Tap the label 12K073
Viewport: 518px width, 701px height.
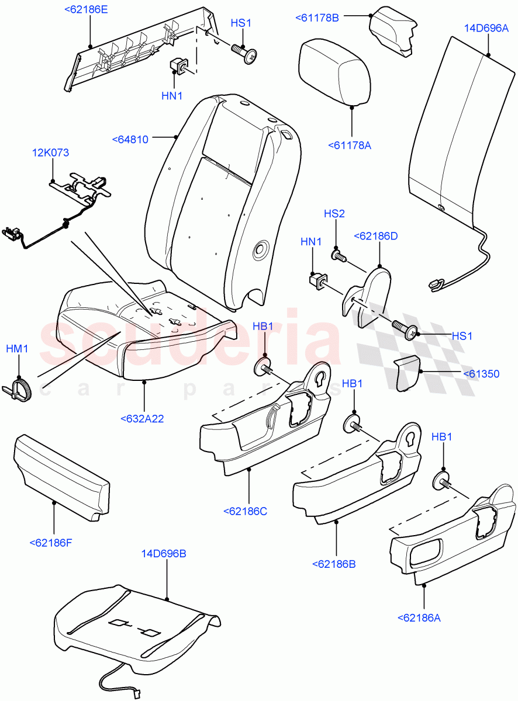[x=50, y=153]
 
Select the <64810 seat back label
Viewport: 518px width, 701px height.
[x=130, y=139]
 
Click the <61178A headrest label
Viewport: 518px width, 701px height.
[x=350, y=145]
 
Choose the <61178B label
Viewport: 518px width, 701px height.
[x=317, y=18]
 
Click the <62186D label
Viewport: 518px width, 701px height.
[x=376, y=236]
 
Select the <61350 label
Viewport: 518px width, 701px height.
[x=481, y=374]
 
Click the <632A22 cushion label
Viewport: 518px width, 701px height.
[x=142, y=418]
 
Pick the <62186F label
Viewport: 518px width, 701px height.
[x=51, y=543]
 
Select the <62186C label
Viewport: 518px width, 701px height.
[x=245, y=511]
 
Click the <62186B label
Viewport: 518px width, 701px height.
[x=334, y=564]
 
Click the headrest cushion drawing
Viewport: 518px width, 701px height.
[x=334, y=71]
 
